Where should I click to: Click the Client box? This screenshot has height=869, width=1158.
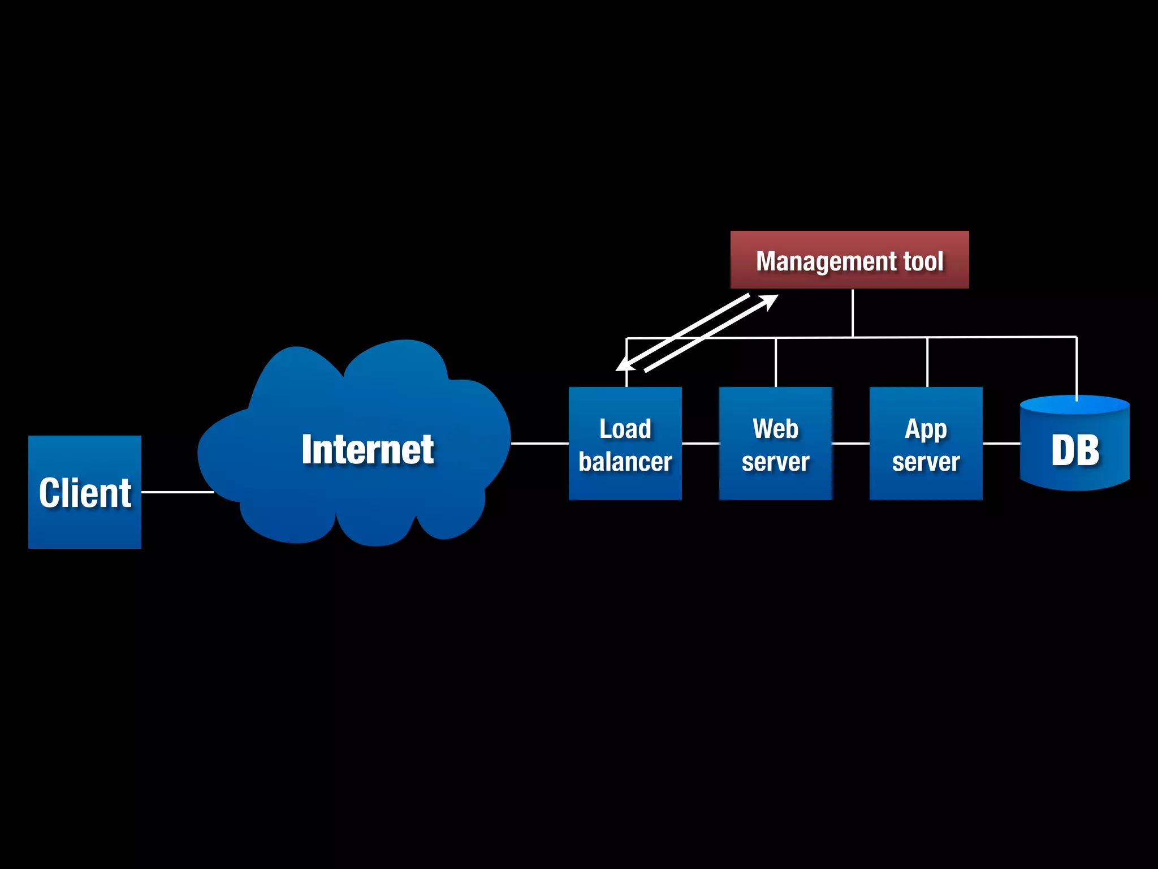85,492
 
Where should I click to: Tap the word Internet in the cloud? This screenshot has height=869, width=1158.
368,450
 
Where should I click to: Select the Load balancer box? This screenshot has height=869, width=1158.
625,444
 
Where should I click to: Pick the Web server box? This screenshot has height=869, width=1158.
775,444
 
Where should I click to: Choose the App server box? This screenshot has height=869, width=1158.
926,444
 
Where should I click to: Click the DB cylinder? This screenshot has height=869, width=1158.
1074,447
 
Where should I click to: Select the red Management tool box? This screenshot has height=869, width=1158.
849,260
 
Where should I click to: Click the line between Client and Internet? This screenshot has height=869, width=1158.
177,492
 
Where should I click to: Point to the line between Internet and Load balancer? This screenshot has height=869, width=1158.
539,444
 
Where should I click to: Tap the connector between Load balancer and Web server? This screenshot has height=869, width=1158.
700,444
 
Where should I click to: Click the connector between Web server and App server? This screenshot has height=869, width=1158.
850,444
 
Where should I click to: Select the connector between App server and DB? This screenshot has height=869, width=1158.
1001,444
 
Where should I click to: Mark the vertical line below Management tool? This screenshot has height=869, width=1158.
853,313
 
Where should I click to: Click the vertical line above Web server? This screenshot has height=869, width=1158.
776,363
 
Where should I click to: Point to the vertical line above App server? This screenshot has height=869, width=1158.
927,363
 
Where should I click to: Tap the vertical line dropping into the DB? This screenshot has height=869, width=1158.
1077,368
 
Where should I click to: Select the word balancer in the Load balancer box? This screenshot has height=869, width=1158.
625,462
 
